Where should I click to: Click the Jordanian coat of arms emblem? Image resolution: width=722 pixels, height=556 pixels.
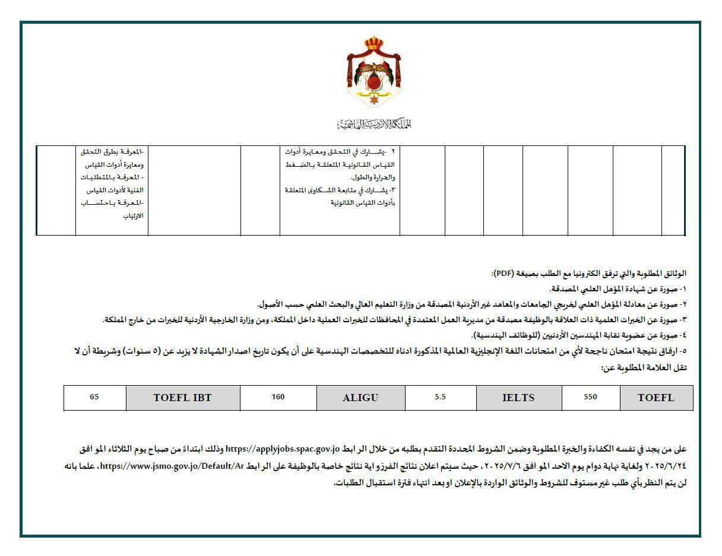tap(374, 72)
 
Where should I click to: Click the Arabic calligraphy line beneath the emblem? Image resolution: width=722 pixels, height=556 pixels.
tap(374, 124)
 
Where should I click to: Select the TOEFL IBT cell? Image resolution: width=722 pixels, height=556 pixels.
tap(182, 398)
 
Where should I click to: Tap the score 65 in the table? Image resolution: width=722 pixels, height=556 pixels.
tap(94, 398)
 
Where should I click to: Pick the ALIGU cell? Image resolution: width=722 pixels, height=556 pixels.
tap(360, 398)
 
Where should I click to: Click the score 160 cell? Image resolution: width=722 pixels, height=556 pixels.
tap(278, 398)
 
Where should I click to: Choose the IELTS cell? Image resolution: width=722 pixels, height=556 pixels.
tap(518, 398)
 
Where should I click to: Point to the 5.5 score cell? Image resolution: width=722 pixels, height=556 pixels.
tap(440, 398)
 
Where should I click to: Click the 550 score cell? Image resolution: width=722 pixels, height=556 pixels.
tap(590, 398)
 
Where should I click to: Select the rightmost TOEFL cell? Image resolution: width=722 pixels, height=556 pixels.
tap(656, 398)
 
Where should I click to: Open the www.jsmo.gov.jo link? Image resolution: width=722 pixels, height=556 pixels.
tap(173, 466)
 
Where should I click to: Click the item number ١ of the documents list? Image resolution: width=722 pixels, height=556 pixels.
tap(683, 289)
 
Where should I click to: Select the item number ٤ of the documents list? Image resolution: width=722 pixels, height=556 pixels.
tap(683, 335)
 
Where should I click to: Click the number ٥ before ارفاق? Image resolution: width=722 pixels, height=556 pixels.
tap(683, 351)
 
